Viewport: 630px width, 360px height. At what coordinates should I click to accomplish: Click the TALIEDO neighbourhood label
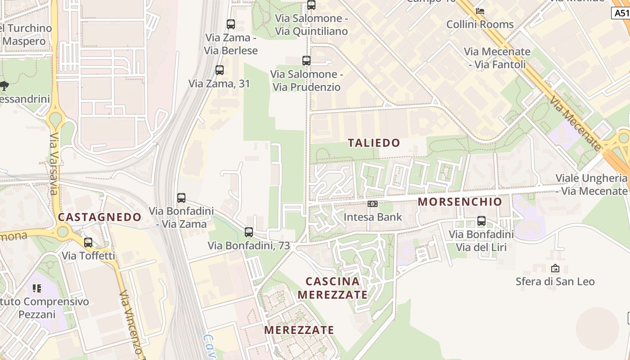pyautogui.click(x=374, y=143)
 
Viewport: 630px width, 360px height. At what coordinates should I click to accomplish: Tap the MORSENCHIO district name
pyautogui.click(x=459, y=202)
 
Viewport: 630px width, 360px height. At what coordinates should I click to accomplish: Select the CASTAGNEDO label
pyautogui.click(x=99, y=217)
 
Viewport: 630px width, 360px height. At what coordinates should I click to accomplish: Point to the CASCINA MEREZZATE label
pyautogui.click(x=332, y=288)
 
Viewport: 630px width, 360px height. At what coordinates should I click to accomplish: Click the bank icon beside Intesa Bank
pyautogui.click(x=373, y=204)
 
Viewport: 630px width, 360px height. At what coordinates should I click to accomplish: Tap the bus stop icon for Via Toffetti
pyautogui.click(x=88, y=243)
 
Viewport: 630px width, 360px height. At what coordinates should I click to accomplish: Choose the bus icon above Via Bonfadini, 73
pyautogui.click(x=249, y=232)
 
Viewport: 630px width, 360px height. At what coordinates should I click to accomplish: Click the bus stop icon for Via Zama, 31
pyautogui.click(x=220, y=70)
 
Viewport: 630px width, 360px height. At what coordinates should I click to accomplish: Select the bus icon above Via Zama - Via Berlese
pyautogui.click(x=231, y=24)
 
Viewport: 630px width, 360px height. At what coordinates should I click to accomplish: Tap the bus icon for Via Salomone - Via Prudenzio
pyautogui.click(x=306, y=60)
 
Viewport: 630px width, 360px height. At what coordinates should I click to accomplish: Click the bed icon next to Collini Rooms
pyautogui.click(x=480, y=11)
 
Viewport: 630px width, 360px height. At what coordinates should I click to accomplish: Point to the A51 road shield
pyautogui.click(x=621, y=13)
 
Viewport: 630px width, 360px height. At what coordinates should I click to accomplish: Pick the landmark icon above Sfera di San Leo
pyautogui.click(x=555, y=268)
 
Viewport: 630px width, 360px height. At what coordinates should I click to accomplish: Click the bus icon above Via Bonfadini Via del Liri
pyautogui.click(x=481, y=221)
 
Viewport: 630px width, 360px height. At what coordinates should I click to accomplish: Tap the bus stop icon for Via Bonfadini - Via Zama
pyautogui.click(x=181, y=198)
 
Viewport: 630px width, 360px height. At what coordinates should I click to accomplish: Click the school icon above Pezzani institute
pyautogui.click(x=37, y=288)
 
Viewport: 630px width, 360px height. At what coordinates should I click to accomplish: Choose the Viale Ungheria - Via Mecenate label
pyautogui.click(x=591, y=184)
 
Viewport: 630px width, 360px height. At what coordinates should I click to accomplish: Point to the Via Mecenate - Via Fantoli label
pyautogui.click(x=497, y=58)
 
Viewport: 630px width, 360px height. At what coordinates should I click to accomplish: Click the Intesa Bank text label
pyautogui.click(x=373, y=217)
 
